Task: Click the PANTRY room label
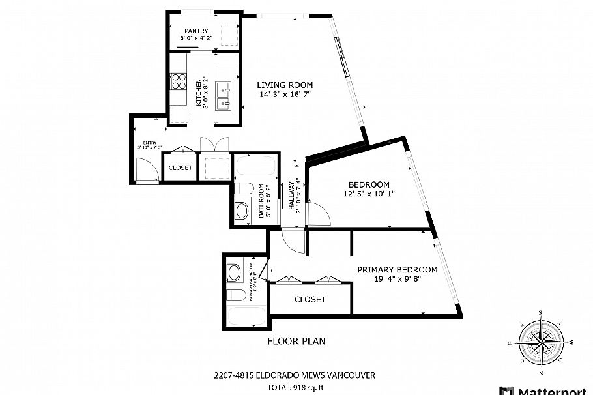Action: [x=196, y=31]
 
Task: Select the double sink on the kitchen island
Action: [x=225, y=95]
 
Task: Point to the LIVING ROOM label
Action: [x=285, y=85]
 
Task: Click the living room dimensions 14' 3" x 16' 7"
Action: [x=285, y=95]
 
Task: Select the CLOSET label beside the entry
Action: [x=181, y=168]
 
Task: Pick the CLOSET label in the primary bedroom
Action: [x=310, y=300]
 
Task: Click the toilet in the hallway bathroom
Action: [x=243, y=190]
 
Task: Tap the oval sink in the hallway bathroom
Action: [x=242, y=211]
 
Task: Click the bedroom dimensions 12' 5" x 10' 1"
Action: [x=369, y=194]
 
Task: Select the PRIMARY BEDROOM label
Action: [x=397, y=269]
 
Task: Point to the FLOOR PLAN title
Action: [x=296, y=341]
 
